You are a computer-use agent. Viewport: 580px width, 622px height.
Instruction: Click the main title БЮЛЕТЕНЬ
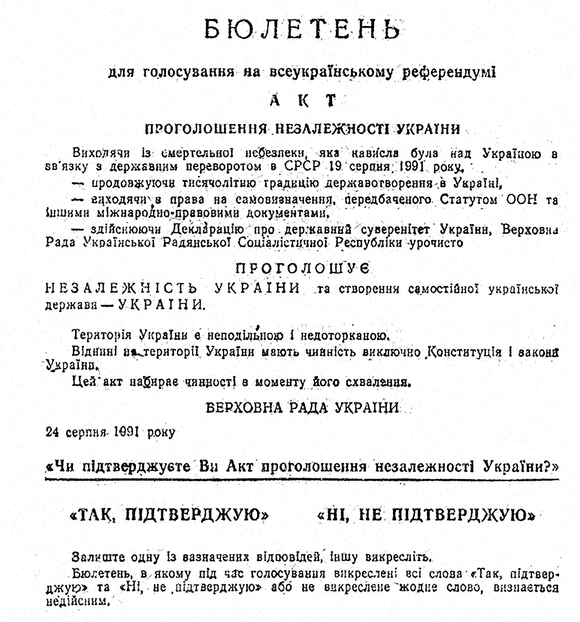point(302,29)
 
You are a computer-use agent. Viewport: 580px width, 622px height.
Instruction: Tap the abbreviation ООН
point(521,199)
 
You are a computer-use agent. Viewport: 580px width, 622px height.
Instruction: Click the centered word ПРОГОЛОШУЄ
point(302,269)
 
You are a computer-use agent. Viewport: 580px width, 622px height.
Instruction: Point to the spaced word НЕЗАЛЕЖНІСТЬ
point(121,289)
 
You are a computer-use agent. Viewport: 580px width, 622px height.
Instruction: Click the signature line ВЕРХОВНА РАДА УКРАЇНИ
point(302,408)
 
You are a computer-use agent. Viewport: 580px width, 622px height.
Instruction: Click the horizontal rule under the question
point(302,479)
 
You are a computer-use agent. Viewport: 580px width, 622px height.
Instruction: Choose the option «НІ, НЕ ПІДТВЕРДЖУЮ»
point(426,516)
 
